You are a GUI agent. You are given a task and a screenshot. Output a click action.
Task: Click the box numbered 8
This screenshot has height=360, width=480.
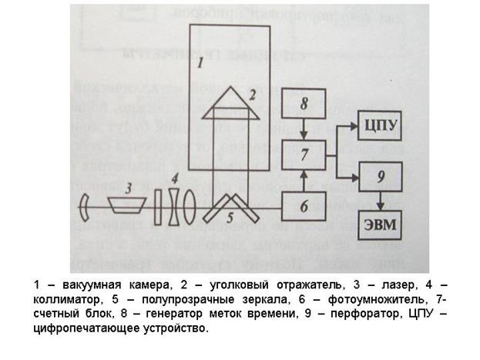point(304,102)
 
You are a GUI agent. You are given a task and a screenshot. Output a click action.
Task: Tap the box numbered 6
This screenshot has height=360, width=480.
point(304,207)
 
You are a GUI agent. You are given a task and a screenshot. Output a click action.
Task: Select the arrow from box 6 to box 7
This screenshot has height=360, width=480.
point(304,180)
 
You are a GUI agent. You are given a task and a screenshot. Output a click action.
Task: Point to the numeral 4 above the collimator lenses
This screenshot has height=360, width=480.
point(176,177)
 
